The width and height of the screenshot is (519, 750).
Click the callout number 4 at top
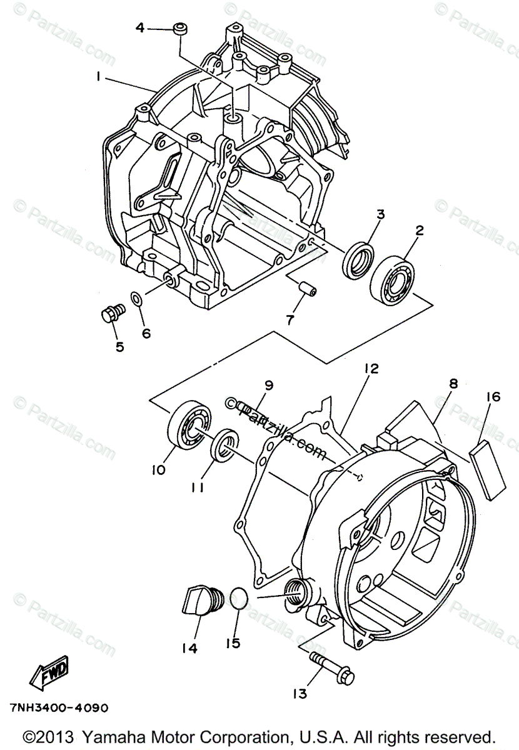click(x=139, y=27)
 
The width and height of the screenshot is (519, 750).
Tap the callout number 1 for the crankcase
click(x=98, y=77)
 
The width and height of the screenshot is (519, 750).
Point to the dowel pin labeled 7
click(x=306, y=288)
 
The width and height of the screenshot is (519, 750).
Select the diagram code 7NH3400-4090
click(x=59, y=708)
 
